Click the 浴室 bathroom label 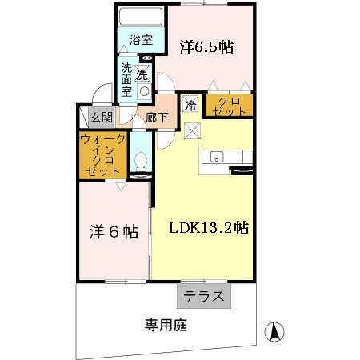tap(141, 38)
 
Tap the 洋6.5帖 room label tap(206, 46)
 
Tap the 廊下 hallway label tap(156, 118)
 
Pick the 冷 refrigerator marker tap(190, 104)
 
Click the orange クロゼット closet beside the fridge tap(227, 106)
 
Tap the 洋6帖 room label tap(113, 232)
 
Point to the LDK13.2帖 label tap(208, 226)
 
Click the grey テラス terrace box tap(204, 296)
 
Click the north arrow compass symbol tap(274, 330)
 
